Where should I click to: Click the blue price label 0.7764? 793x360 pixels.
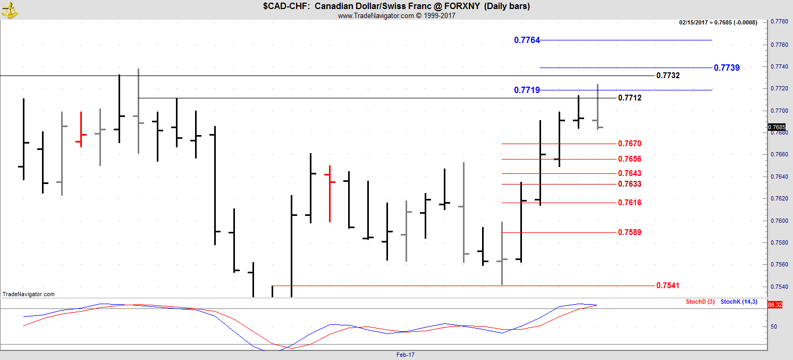tap(527, 40)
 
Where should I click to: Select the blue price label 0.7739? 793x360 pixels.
tap(727, 68)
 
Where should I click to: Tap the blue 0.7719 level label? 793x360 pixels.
tap(527, 90)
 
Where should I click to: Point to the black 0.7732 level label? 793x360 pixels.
tap(668, 76)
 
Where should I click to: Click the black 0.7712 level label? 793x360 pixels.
tap(630, 98)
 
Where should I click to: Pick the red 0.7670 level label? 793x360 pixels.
tap(630, 144)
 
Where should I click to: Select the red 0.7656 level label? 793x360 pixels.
tap(630, 159)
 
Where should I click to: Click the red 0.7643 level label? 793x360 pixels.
tap(630, 173)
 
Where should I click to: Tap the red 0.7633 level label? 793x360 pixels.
tap(630, 184)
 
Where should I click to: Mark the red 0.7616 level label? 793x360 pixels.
tap(630, 203)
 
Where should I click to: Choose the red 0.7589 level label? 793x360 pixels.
tap(630, 232)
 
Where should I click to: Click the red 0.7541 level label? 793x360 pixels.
tap(668, 286)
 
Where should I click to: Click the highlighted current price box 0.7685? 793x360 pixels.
tap(777, 127)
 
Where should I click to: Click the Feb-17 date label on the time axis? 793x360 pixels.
tap(406, 355)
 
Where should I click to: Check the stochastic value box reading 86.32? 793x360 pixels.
tap(774, 305)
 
